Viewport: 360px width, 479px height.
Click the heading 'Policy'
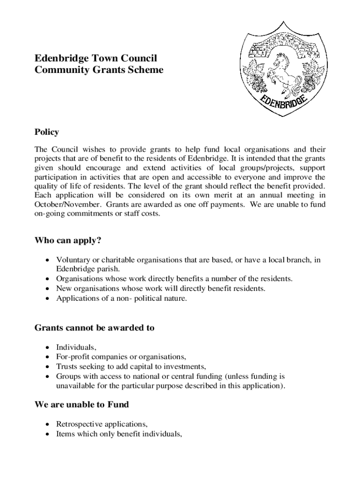[x=47, y=132]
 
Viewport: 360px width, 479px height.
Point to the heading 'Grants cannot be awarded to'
[x=94, y=328]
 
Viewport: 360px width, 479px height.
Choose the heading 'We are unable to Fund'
[x=82, y=404]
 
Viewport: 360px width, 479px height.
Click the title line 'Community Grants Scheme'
[x=99, y=70]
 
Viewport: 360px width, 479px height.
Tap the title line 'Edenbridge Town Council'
[x=96, y=58]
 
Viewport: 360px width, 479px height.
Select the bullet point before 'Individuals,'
[x=47, y=348]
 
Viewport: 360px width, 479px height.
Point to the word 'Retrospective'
[x=78, y=424]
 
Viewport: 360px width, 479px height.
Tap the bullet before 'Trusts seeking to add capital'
[x=47, y=366]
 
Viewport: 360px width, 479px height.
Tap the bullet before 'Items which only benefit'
[x=47, y=434]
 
